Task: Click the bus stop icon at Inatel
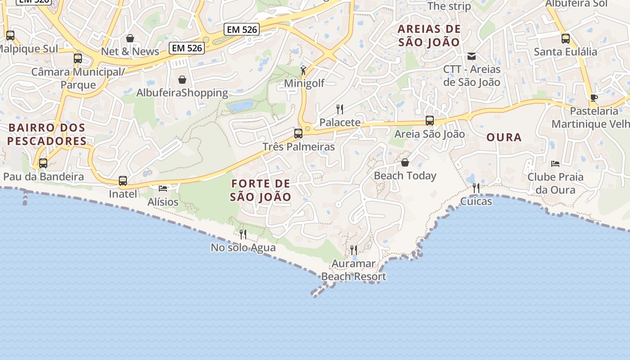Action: pos(123,181)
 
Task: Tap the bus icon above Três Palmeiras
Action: pos(298,133)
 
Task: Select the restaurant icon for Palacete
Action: pos(340,109)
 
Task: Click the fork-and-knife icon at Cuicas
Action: pos(476,188)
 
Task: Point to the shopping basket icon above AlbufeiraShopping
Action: pos(182,80)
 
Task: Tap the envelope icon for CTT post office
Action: pos(472,56)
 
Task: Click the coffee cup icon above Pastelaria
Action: pos(594,98)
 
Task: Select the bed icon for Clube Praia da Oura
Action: pos(555,163)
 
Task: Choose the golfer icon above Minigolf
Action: pos(303,70)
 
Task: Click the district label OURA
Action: pos(504,137)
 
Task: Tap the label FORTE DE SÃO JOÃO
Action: pos(261,190)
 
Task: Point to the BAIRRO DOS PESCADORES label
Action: pos(47,134)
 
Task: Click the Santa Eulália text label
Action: pos(565,52)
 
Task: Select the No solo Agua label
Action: pos(243,247)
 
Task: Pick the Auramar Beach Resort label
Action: pos(354,270)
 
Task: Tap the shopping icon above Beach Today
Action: pos(405,162)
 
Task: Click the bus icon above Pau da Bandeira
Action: pos(43,163)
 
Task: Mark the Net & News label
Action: pos(130,51)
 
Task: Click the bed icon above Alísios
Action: pos(163,188)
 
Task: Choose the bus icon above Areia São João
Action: pos(430,121)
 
